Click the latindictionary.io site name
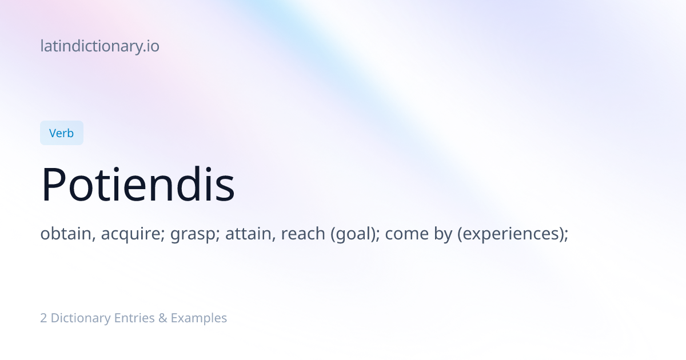[100, 46]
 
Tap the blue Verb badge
[62, 133]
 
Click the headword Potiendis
[138, 184]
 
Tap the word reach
[303, 234]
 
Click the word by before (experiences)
[443, 234]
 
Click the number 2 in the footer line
[43, 318]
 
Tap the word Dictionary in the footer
[81, 318]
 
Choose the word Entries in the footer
[134, 318]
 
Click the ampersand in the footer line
[162, 318]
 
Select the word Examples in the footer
[199, 318]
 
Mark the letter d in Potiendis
[188, 184]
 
